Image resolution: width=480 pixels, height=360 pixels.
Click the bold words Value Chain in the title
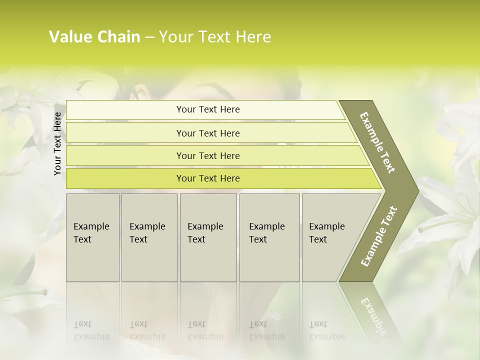(x=94, y=37)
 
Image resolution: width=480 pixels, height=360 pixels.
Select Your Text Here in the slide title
(x=214, y=37)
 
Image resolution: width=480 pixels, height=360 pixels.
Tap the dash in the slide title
(x=149, y=37)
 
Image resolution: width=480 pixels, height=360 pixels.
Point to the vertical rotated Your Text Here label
(x=57, y=143)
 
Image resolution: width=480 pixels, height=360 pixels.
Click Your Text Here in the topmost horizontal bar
(x=208, y=109)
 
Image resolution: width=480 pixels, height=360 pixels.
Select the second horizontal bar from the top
(x=208, y=133)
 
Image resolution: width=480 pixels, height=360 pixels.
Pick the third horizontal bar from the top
(x=208, y=155)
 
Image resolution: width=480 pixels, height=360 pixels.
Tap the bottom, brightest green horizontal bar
(x=208, y=178)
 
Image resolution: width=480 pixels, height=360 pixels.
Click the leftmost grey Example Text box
(x=92, y=237)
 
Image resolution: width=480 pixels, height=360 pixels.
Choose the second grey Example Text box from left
(x=149, y=237)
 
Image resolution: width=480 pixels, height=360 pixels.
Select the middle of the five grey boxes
(x=208, y=237)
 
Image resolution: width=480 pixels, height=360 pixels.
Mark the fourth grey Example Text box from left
(x=269, y=237)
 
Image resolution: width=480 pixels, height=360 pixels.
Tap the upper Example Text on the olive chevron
(x=377, y=142)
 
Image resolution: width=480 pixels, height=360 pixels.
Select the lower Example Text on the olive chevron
(x=379, y=236)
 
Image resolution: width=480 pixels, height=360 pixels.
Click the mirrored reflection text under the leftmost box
(x=91, y=330)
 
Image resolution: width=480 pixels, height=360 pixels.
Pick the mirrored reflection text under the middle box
(x=205, y=330)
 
